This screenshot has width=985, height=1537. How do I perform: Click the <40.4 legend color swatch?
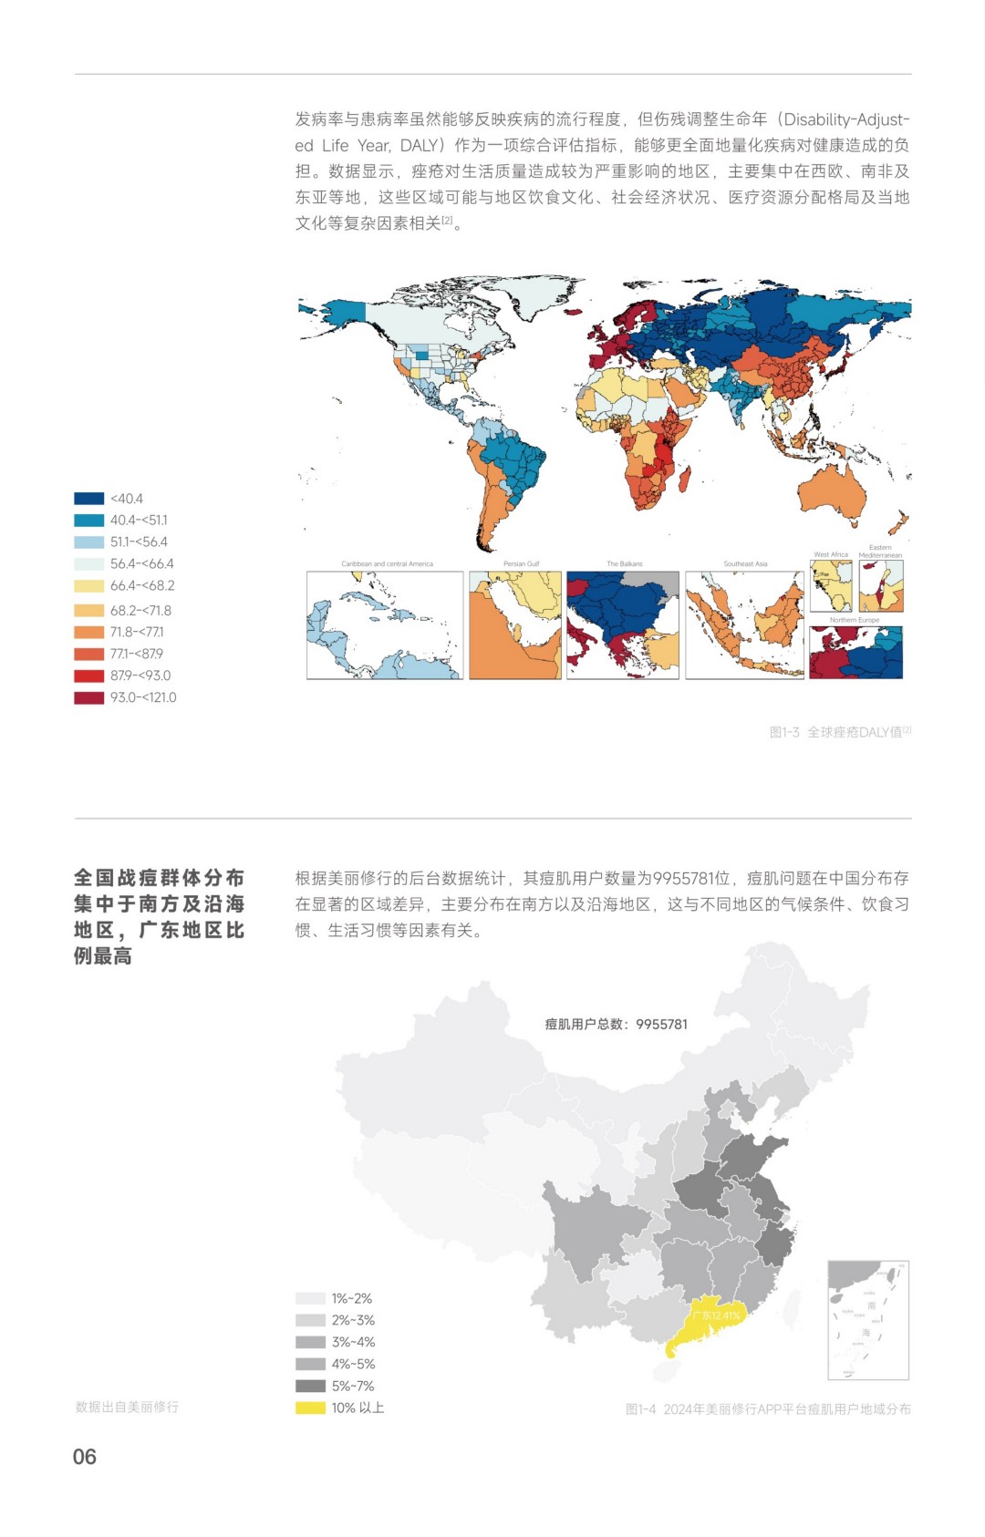[x=89, y=499]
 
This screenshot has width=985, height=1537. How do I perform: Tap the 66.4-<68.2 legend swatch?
[x=89, y=586]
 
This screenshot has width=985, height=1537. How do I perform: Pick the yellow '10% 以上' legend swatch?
[x=310, y=1408]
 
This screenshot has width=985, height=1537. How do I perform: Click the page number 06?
[x=85, y=1457]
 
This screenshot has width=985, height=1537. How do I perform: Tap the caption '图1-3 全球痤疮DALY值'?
[x=839, y=732]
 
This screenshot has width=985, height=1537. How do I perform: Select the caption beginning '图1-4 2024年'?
[x=768, y=1409]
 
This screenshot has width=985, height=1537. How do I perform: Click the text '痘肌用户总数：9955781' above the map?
[x=617, y=1024]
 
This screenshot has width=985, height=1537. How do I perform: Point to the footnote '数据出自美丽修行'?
[x=127, y=1407]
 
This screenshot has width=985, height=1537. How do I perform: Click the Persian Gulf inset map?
[x=515, y=625]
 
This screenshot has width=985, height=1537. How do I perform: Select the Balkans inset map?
[x=623, y=625]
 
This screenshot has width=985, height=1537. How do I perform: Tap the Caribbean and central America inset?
[x=385, y=625]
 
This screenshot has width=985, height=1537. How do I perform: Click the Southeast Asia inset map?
[x=745, y=625]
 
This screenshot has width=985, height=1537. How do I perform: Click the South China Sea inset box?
[x=868, y=1321]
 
